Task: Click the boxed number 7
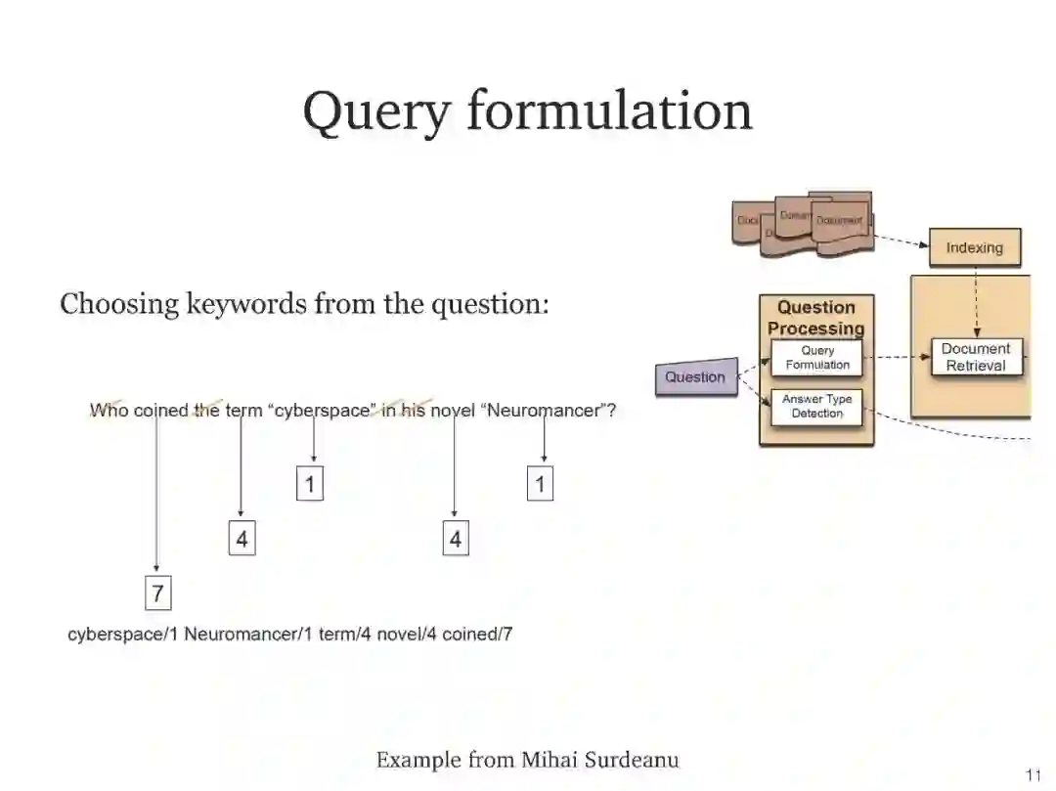(157, 593)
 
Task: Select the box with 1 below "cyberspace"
(310, 484)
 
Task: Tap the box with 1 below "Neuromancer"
(540, 484)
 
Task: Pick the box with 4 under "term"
(242, 539)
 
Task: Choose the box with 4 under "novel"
(455, 539)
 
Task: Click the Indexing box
(974, 247)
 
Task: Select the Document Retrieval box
(975, 357)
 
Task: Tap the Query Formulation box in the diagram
(817, 358)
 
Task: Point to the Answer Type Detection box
(816, 407)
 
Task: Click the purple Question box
(695, 377)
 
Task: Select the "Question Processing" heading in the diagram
(816, 318)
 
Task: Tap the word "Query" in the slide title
(376, 110)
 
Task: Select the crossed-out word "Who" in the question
(109, 411)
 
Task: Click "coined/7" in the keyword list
(477, 634)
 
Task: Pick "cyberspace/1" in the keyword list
(123, 634)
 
